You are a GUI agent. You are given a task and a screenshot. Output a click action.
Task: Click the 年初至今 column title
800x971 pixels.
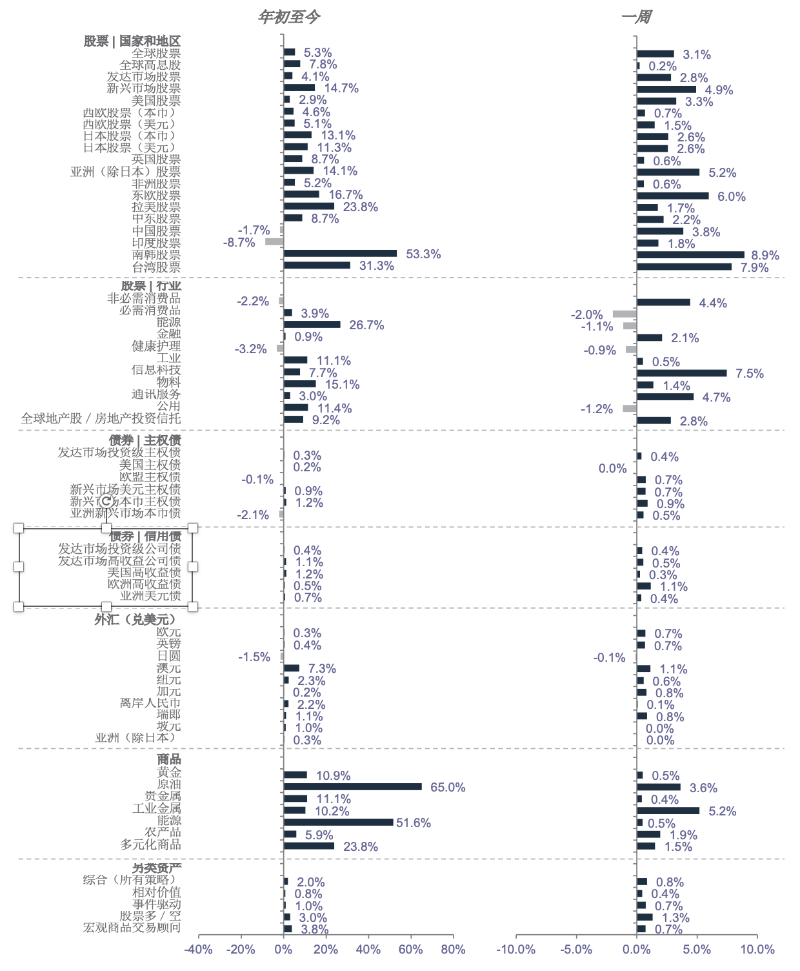(288, 17)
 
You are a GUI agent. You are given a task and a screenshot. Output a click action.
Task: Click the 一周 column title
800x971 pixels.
(636, 17)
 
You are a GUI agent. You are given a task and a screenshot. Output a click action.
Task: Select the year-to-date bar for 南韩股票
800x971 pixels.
(340, 254)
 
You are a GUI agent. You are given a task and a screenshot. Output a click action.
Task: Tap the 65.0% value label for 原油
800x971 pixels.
(448, 787)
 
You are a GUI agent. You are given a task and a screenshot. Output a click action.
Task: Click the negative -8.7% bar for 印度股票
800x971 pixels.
(274, 242)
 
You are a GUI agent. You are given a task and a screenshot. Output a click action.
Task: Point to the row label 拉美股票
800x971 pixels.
(156, 207)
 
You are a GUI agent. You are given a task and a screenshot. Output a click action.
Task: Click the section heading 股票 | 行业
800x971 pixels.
(151, 285)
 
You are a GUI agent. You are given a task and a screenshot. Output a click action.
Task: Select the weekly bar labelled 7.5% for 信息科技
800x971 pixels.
(681, 373)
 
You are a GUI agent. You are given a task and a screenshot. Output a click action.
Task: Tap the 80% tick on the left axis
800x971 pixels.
(453, 949)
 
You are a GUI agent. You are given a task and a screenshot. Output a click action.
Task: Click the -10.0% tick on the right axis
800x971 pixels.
(515, 949)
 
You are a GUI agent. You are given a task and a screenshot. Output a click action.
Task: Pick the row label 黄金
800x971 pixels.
(169, 772)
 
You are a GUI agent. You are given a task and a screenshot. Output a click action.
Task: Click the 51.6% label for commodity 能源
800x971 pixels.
(414, 823)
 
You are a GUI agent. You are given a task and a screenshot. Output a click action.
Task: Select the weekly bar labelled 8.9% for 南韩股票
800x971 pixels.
(690, 255)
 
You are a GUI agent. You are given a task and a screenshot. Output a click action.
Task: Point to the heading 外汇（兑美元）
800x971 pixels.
(135, 619)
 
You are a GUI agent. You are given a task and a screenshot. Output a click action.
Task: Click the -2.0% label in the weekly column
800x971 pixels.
(586, 314)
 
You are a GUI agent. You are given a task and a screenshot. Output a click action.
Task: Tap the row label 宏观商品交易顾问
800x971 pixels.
(132, 928)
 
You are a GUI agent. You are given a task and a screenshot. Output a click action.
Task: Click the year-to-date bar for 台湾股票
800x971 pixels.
(317, 265)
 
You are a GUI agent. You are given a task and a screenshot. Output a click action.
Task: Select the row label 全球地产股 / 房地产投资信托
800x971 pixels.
(101, 418)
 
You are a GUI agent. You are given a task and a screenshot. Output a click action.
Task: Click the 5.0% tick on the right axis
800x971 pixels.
(697, 949)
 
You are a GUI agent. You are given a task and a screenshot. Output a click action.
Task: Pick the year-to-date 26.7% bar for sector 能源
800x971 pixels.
(312, 324)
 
